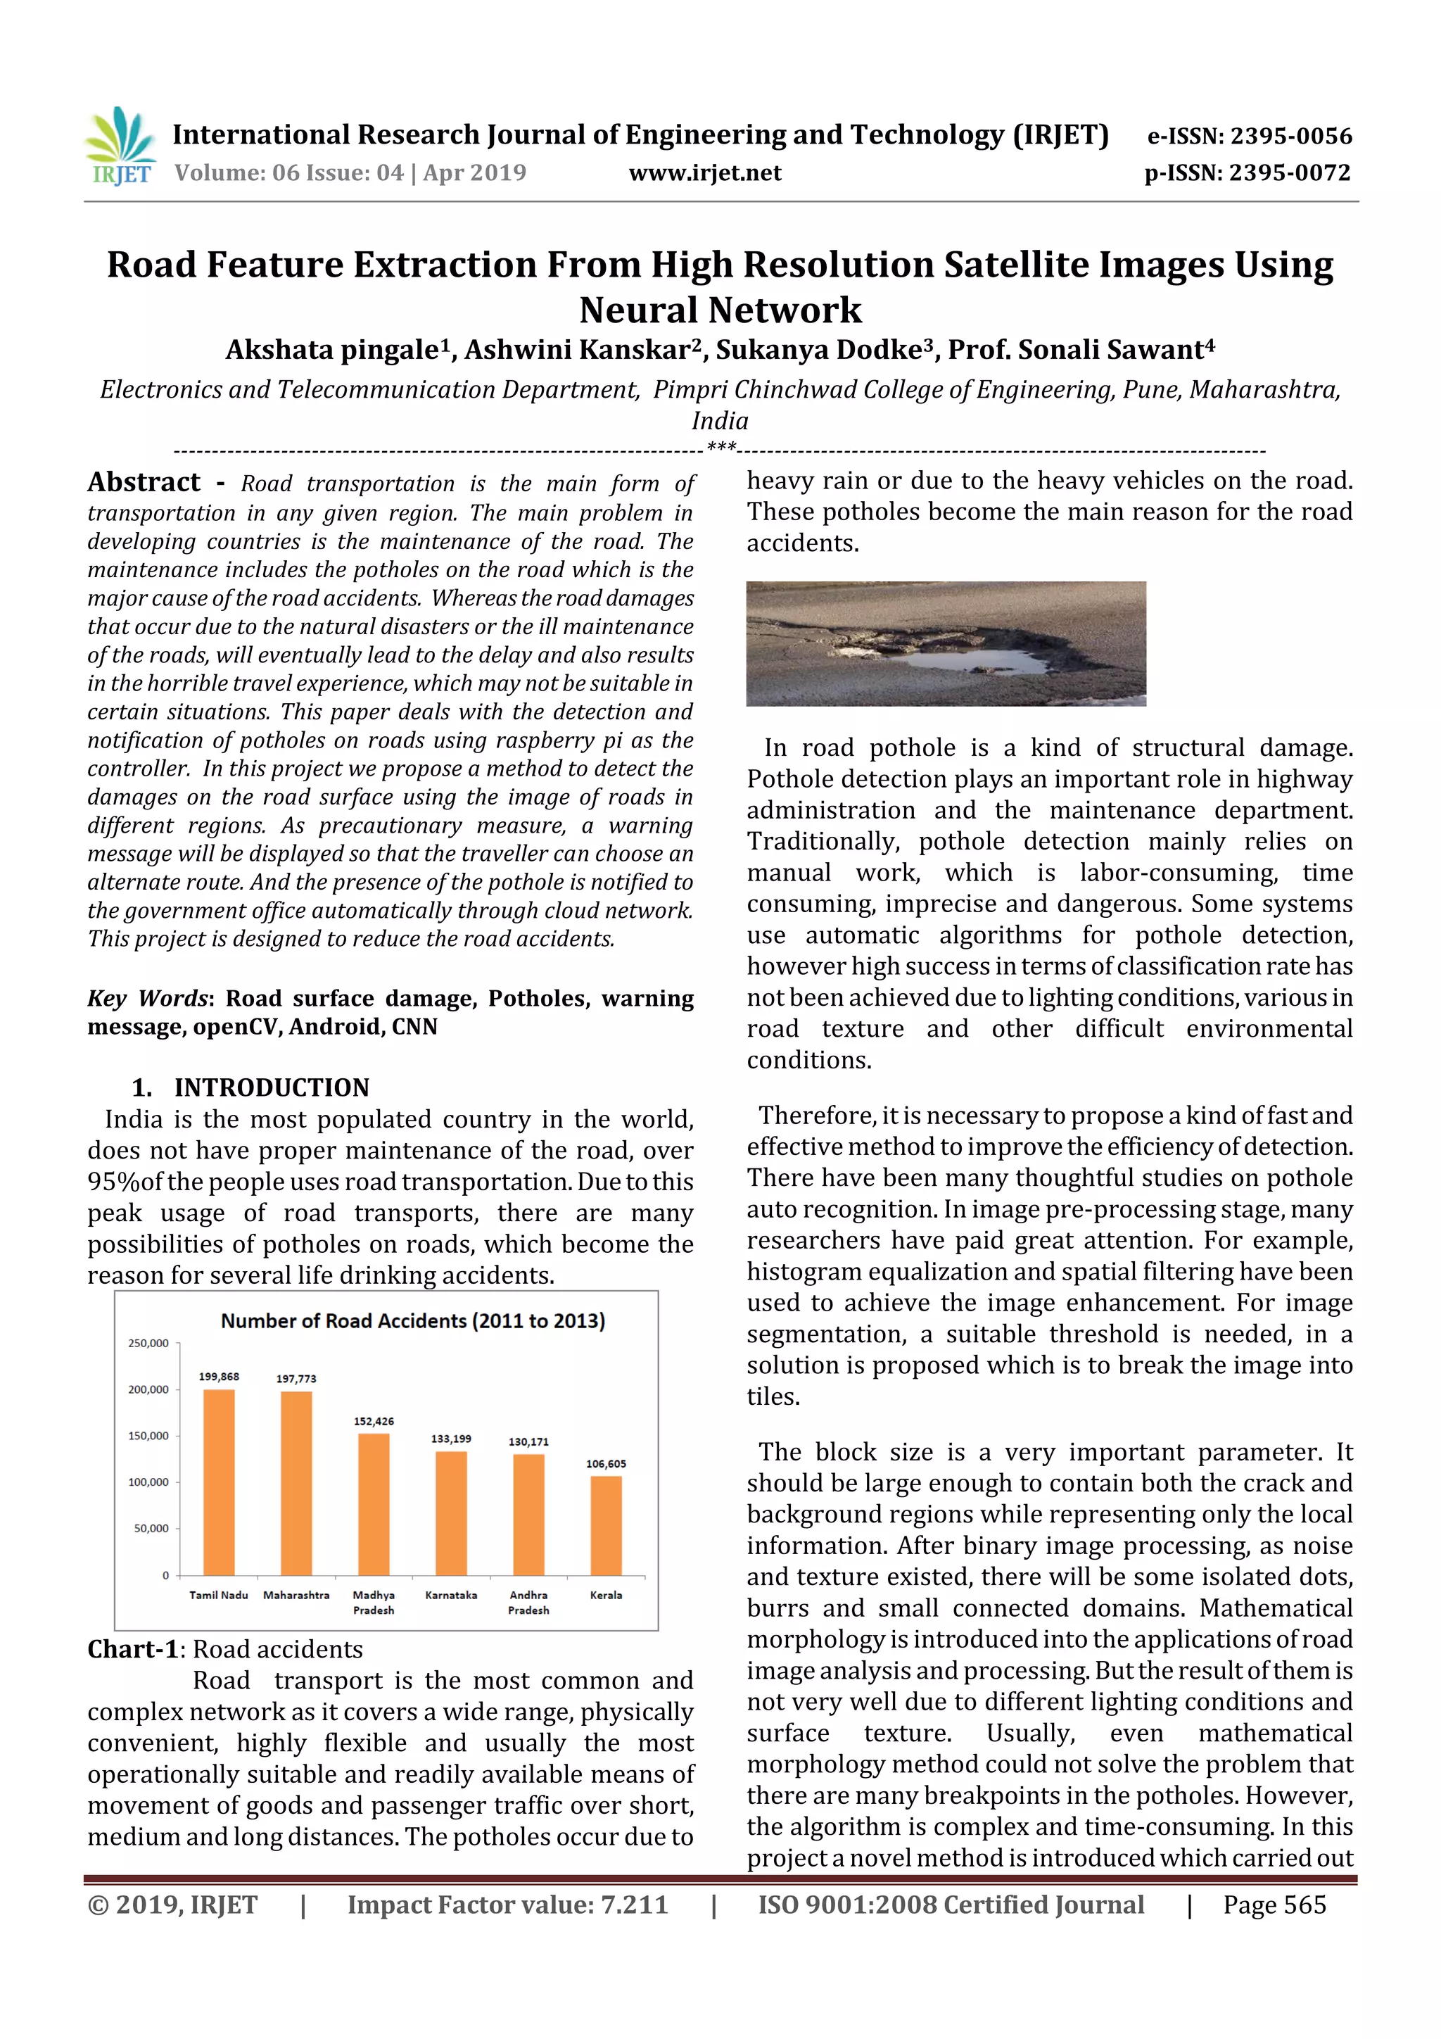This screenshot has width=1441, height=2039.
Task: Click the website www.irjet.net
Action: (705, 173)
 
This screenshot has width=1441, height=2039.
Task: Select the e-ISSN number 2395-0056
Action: (1290, 136)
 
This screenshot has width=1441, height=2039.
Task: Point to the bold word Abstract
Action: (144, 482)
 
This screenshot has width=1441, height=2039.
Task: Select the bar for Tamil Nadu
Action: (220, 1482)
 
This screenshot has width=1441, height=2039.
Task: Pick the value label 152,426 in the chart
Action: (374, 1421)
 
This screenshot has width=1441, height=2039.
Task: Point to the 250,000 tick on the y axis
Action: (148, 1343)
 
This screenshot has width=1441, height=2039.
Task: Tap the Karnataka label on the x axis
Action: (451, 1595)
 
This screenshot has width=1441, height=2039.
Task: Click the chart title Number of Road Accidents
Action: (413, 1320)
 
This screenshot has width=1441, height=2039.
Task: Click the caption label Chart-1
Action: (132, 1649)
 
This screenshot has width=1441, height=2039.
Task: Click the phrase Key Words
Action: (146, 998)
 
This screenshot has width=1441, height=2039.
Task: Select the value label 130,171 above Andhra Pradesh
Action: (528, 1441)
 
